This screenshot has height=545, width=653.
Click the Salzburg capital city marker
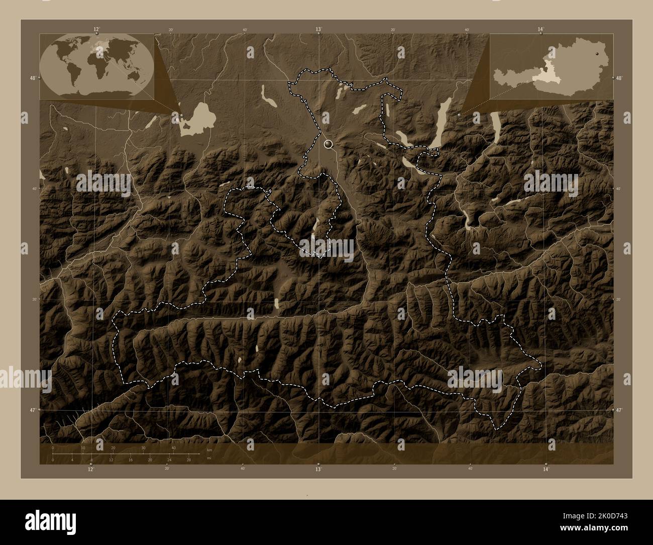(329, 144)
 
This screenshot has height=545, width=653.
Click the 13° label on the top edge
(318, 30)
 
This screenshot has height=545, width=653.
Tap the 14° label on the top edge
(540, 30)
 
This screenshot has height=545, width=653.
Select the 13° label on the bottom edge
(318, 469)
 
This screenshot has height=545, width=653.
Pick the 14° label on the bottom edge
(546, 469)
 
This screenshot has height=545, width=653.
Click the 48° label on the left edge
(33, 78)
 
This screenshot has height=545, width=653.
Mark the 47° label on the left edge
(33, 410)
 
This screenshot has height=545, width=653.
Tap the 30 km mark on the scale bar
(144, 448)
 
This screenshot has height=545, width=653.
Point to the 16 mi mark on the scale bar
(130, 460)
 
